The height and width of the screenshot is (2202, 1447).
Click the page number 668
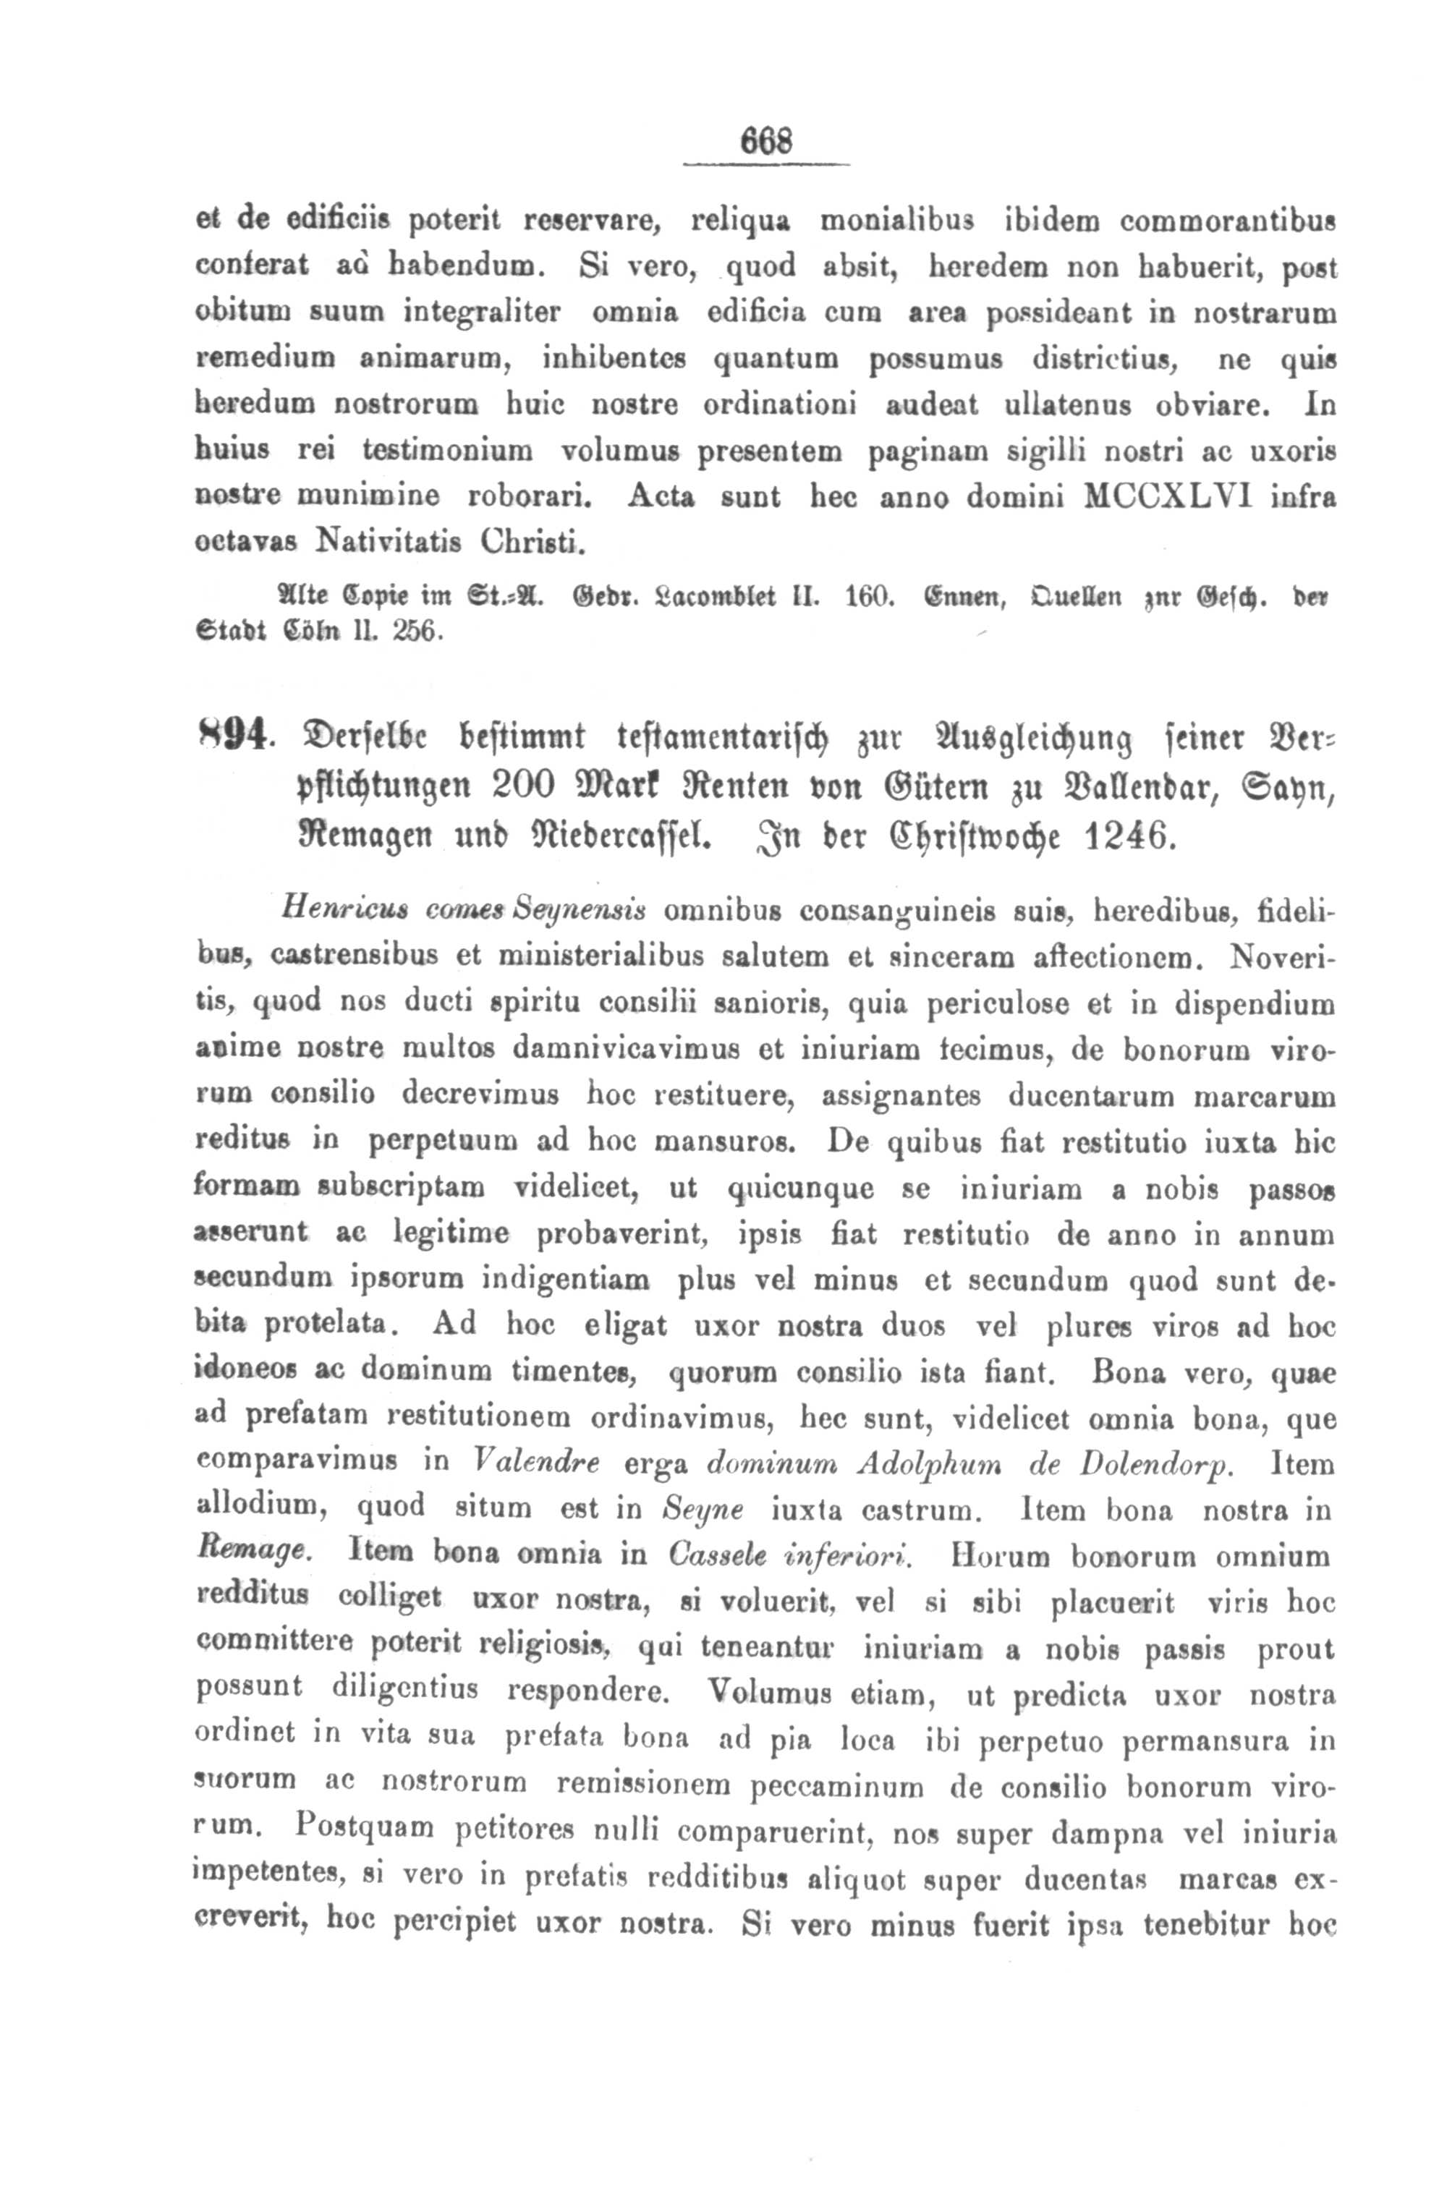click(766, 145)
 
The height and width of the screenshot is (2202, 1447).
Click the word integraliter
click(482, 311)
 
